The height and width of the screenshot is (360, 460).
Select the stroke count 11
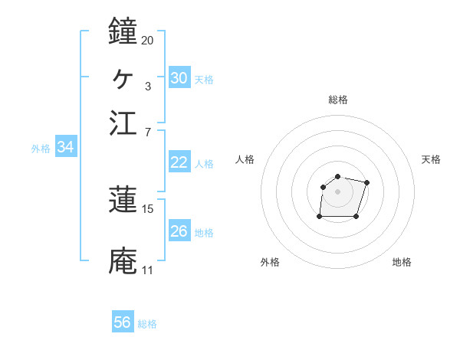147,270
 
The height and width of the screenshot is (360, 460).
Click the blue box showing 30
179,77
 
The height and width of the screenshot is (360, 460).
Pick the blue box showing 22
179,162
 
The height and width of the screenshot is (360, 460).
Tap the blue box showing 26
179,231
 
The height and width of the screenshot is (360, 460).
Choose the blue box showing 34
65,148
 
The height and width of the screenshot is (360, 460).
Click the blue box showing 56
123,322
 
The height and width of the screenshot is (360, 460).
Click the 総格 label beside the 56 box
147,324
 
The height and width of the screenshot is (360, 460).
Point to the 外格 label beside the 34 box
41,149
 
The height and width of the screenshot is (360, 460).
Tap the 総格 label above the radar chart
337,100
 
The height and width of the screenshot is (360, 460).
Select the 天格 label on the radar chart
431,159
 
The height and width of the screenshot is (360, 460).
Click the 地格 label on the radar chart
402,262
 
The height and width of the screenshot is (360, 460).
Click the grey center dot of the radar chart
337,191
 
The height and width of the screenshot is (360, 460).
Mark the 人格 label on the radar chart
245,159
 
